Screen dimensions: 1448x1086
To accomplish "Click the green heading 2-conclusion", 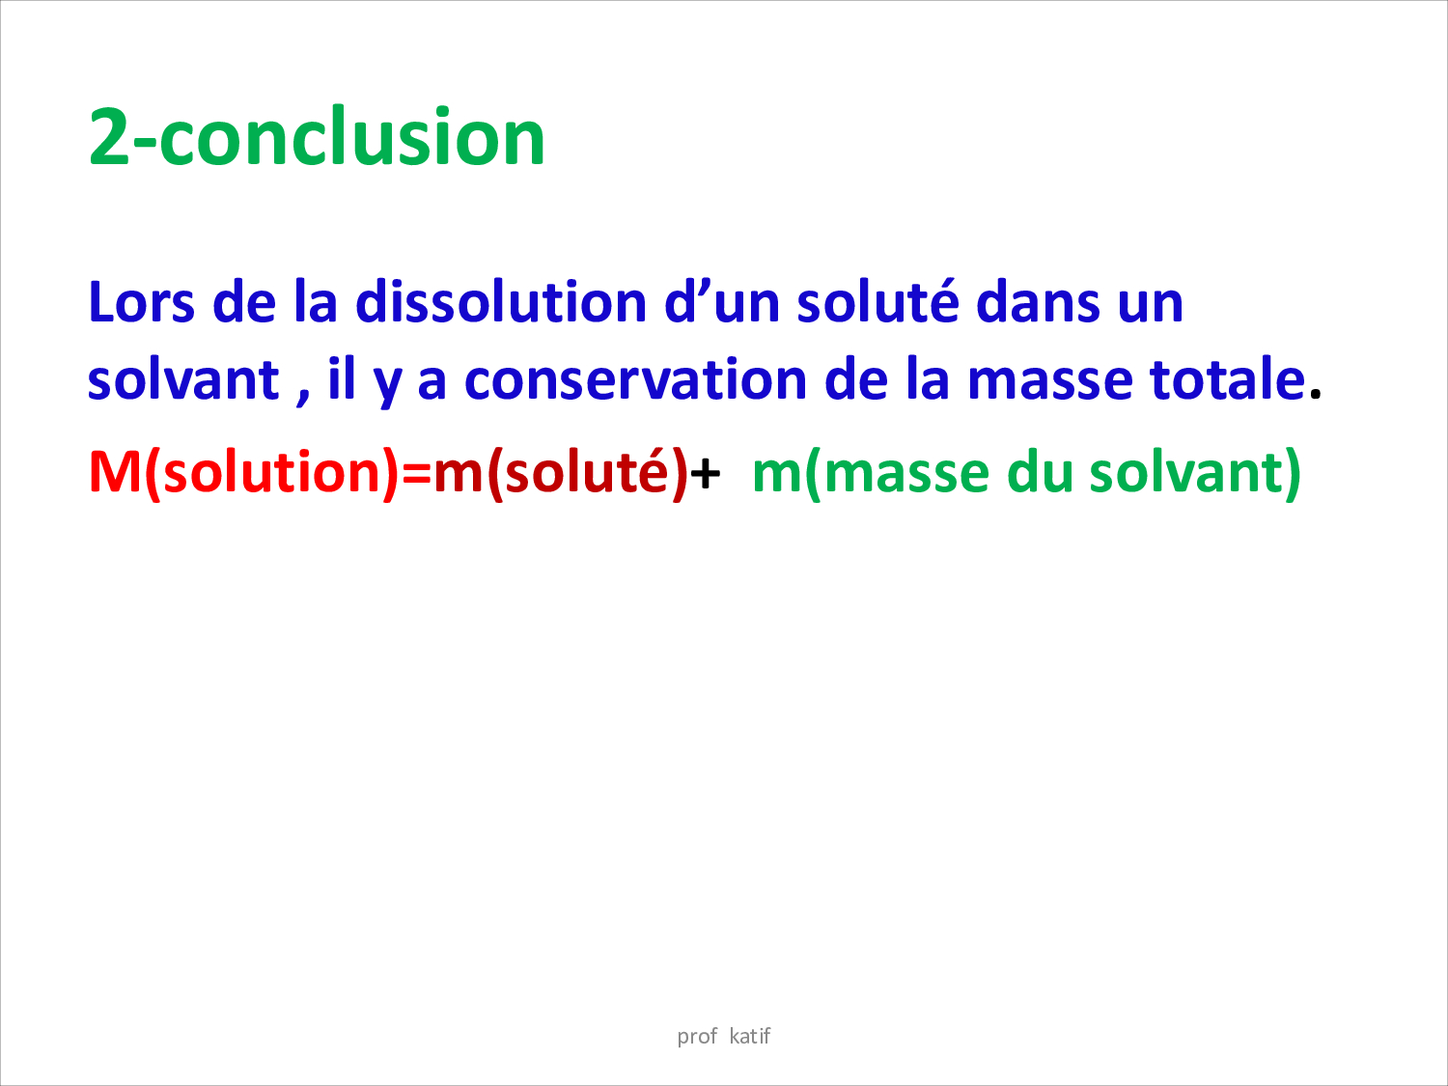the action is (317, 136).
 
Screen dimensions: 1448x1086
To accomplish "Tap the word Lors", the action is (141, 302).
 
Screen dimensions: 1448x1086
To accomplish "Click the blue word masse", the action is (1049, 382).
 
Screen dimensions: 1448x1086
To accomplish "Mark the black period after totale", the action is (1316, 394).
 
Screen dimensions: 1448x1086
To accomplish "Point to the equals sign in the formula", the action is (416, 473).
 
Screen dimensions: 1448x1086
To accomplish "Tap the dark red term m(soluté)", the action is (562, 473).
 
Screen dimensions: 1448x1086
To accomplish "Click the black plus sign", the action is (706, 473).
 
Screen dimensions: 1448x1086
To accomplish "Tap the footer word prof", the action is (697, 1037).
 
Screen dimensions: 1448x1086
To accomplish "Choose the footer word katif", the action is (750, 1036).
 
